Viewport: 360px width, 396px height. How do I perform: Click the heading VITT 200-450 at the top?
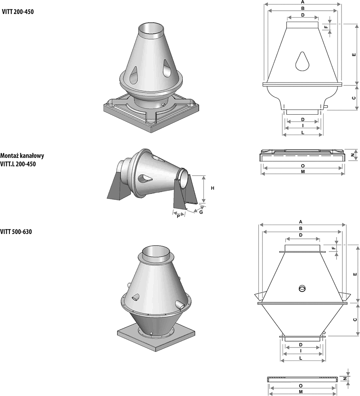tap(18, 12)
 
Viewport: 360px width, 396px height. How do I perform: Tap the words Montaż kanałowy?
tap(22, 156)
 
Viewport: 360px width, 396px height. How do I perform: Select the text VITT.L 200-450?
tap(18, 164)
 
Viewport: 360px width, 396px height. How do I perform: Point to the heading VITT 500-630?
tap(16, 232)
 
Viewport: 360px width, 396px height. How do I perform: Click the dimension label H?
tap(213, 188)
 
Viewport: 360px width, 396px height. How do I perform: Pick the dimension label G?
tap(201, 212)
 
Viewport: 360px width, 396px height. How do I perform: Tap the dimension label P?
tap(178, 216)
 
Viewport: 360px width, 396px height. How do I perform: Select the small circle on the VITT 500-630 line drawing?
tap(302, 288)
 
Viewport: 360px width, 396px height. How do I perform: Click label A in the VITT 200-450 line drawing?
tap(303, 2)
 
